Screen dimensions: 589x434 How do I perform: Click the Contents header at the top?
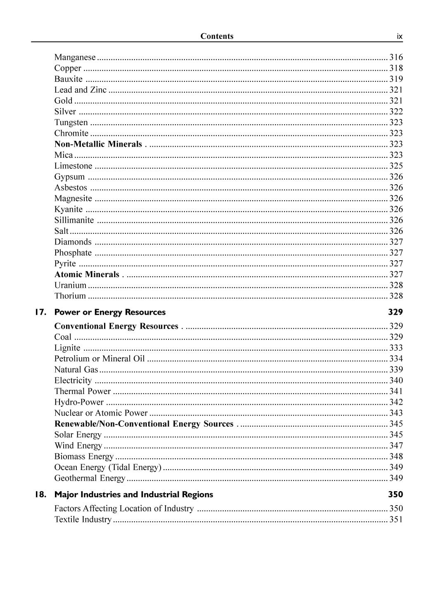217,36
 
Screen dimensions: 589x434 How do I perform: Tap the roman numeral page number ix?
399,37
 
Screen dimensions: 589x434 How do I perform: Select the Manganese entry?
75,57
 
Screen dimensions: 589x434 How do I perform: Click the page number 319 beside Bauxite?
396,79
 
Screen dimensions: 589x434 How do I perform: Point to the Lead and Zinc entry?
80,90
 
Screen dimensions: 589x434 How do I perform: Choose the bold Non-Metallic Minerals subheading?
98,144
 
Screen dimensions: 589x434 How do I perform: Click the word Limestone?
73,166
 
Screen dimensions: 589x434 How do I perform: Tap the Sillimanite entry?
74,220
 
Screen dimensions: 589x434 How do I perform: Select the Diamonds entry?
73,242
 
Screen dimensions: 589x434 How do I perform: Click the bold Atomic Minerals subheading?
87,275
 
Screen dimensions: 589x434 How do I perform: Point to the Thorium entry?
70,296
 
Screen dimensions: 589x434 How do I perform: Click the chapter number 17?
40,312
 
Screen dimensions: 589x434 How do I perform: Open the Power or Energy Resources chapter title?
110,312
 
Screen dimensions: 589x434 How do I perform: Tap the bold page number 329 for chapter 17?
395,312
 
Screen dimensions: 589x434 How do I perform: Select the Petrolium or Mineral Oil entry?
100,359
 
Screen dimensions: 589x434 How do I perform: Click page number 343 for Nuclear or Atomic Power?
396,413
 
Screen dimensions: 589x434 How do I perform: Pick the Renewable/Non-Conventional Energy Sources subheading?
144,424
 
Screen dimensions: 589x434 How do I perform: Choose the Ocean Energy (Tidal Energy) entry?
108,468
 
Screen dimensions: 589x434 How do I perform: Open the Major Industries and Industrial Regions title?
133,495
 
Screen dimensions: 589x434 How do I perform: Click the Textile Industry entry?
83,520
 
